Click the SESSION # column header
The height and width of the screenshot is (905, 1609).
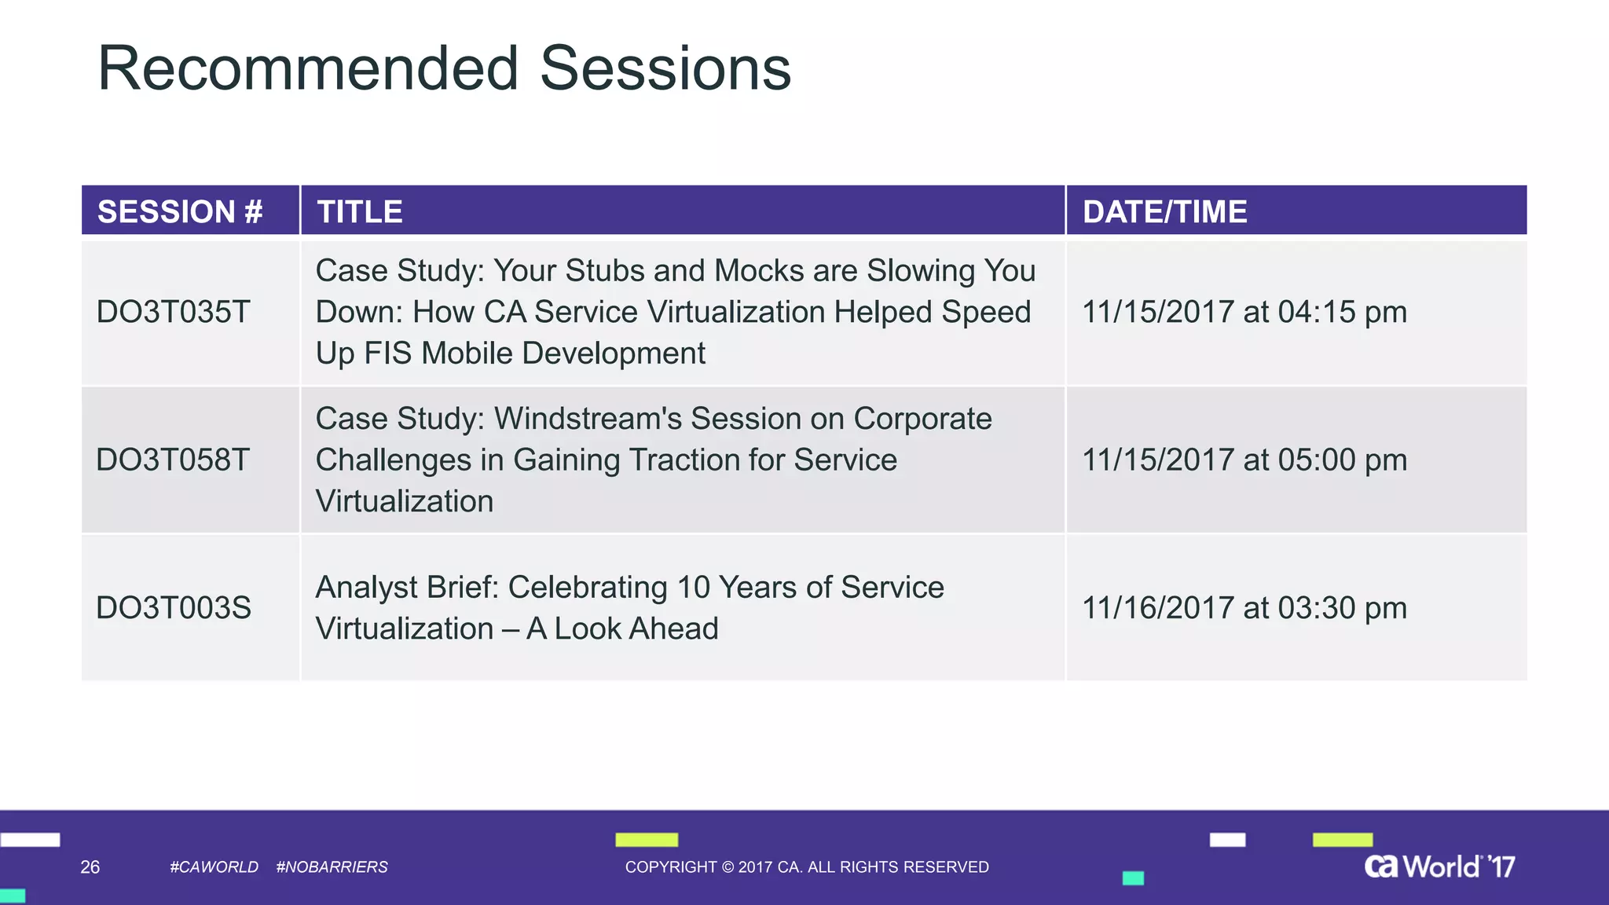coord(180,211)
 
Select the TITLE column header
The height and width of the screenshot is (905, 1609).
coord(360,211)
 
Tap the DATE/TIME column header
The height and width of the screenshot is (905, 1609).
coord(1164,211)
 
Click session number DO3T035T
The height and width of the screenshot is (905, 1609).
coord(173,312)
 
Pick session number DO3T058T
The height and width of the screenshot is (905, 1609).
coord(173,460)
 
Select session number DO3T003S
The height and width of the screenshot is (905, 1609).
coord(173,607)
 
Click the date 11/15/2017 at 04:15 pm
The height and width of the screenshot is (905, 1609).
coord(1244,312)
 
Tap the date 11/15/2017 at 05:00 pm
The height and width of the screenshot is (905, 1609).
coord(1244,460)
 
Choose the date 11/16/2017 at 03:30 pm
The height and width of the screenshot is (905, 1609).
coord(1244,607)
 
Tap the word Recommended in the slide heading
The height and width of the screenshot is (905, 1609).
coord(307,68)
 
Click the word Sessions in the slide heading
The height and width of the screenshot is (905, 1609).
coord(665,68)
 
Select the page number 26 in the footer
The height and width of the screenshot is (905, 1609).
coord(90,867)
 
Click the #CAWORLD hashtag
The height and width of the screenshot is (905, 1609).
coord(214,867)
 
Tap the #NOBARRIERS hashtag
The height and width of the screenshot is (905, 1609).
coord(332,867)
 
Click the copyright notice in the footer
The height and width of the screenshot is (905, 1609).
coord(807,867)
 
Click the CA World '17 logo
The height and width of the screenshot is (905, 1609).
coord(1439,866)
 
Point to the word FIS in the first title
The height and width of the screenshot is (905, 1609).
coord(387,354)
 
